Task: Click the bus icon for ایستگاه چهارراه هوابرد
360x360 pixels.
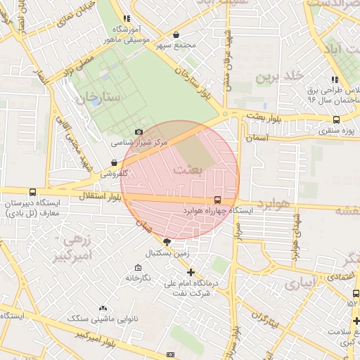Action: [x=217, y=200]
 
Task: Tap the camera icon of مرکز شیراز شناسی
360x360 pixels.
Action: [x=139, y=131]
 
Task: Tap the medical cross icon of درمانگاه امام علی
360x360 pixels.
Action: [x=190, y=272]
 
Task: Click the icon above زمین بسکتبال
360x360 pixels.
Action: [x=166, y=242]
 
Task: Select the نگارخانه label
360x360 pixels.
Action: [x=138, y=278]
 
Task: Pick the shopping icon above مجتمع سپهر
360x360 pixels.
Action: [x=176, y=34]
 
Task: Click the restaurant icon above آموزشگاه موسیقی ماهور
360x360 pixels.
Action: [x=126, y=19]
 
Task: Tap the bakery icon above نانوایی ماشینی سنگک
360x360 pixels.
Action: [x=103, y=309]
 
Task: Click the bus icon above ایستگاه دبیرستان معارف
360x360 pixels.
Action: [x=32, y=192]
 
